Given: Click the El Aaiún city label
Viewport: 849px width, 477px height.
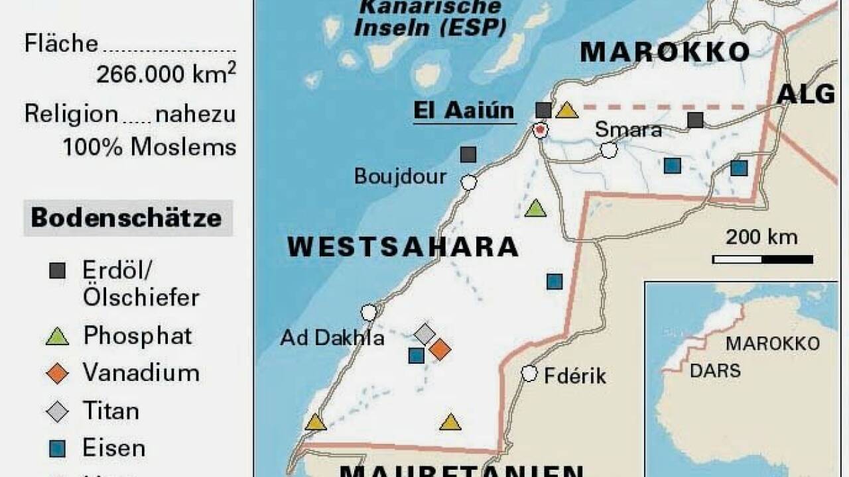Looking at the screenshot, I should tap(464, 111).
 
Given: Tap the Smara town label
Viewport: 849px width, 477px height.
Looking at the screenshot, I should tap(628, 130).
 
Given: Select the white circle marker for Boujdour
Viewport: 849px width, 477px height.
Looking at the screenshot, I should tap(469, 183).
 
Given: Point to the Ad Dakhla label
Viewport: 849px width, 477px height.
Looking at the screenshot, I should tap(332, 338).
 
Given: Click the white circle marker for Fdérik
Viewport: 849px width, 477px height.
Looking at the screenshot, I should tap(529, 374).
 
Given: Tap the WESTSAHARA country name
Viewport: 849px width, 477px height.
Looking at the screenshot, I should tap(403, 247).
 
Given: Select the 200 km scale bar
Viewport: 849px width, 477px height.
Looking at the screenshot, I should tap(763, 259).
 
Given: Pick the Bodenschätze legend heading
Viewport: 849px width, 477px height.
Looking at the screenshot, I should tap(127, 218).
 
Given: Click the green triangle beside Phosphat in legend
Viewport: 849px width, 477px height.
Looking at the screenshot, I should tap(58, 337).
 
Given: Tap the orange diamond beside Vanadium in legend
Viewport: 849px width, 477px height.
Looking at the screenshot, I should tap(58, 374).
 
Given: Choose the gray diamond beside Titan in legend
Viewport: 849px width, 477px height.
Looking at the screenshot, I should tap(58, 412).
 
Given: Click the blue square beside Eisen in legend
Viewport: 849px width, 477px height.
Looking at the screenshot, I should tap(58, 449).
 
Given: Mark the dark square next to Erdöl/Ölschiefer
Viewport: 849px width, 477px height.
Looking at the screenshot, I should tap(58, 270).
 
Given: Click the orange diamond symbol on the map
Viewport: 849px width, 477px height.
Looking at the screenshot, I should tap(439, 348).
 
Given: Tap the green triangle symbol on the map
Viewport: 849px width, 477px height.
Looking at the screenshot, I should tap(535, 209).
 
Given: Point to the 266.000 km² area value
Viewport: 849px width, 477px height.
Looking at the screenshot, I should tap(166, 74).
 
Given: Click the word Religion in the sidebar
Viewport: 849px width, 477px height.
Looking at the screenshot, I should tap(71, 114).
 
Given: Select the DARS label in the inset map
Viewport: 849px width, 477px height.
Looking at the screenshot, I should tap(715, 370).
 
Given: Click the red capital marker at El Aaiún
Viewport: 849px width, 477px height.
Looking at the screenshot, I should tap(541, 131).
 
